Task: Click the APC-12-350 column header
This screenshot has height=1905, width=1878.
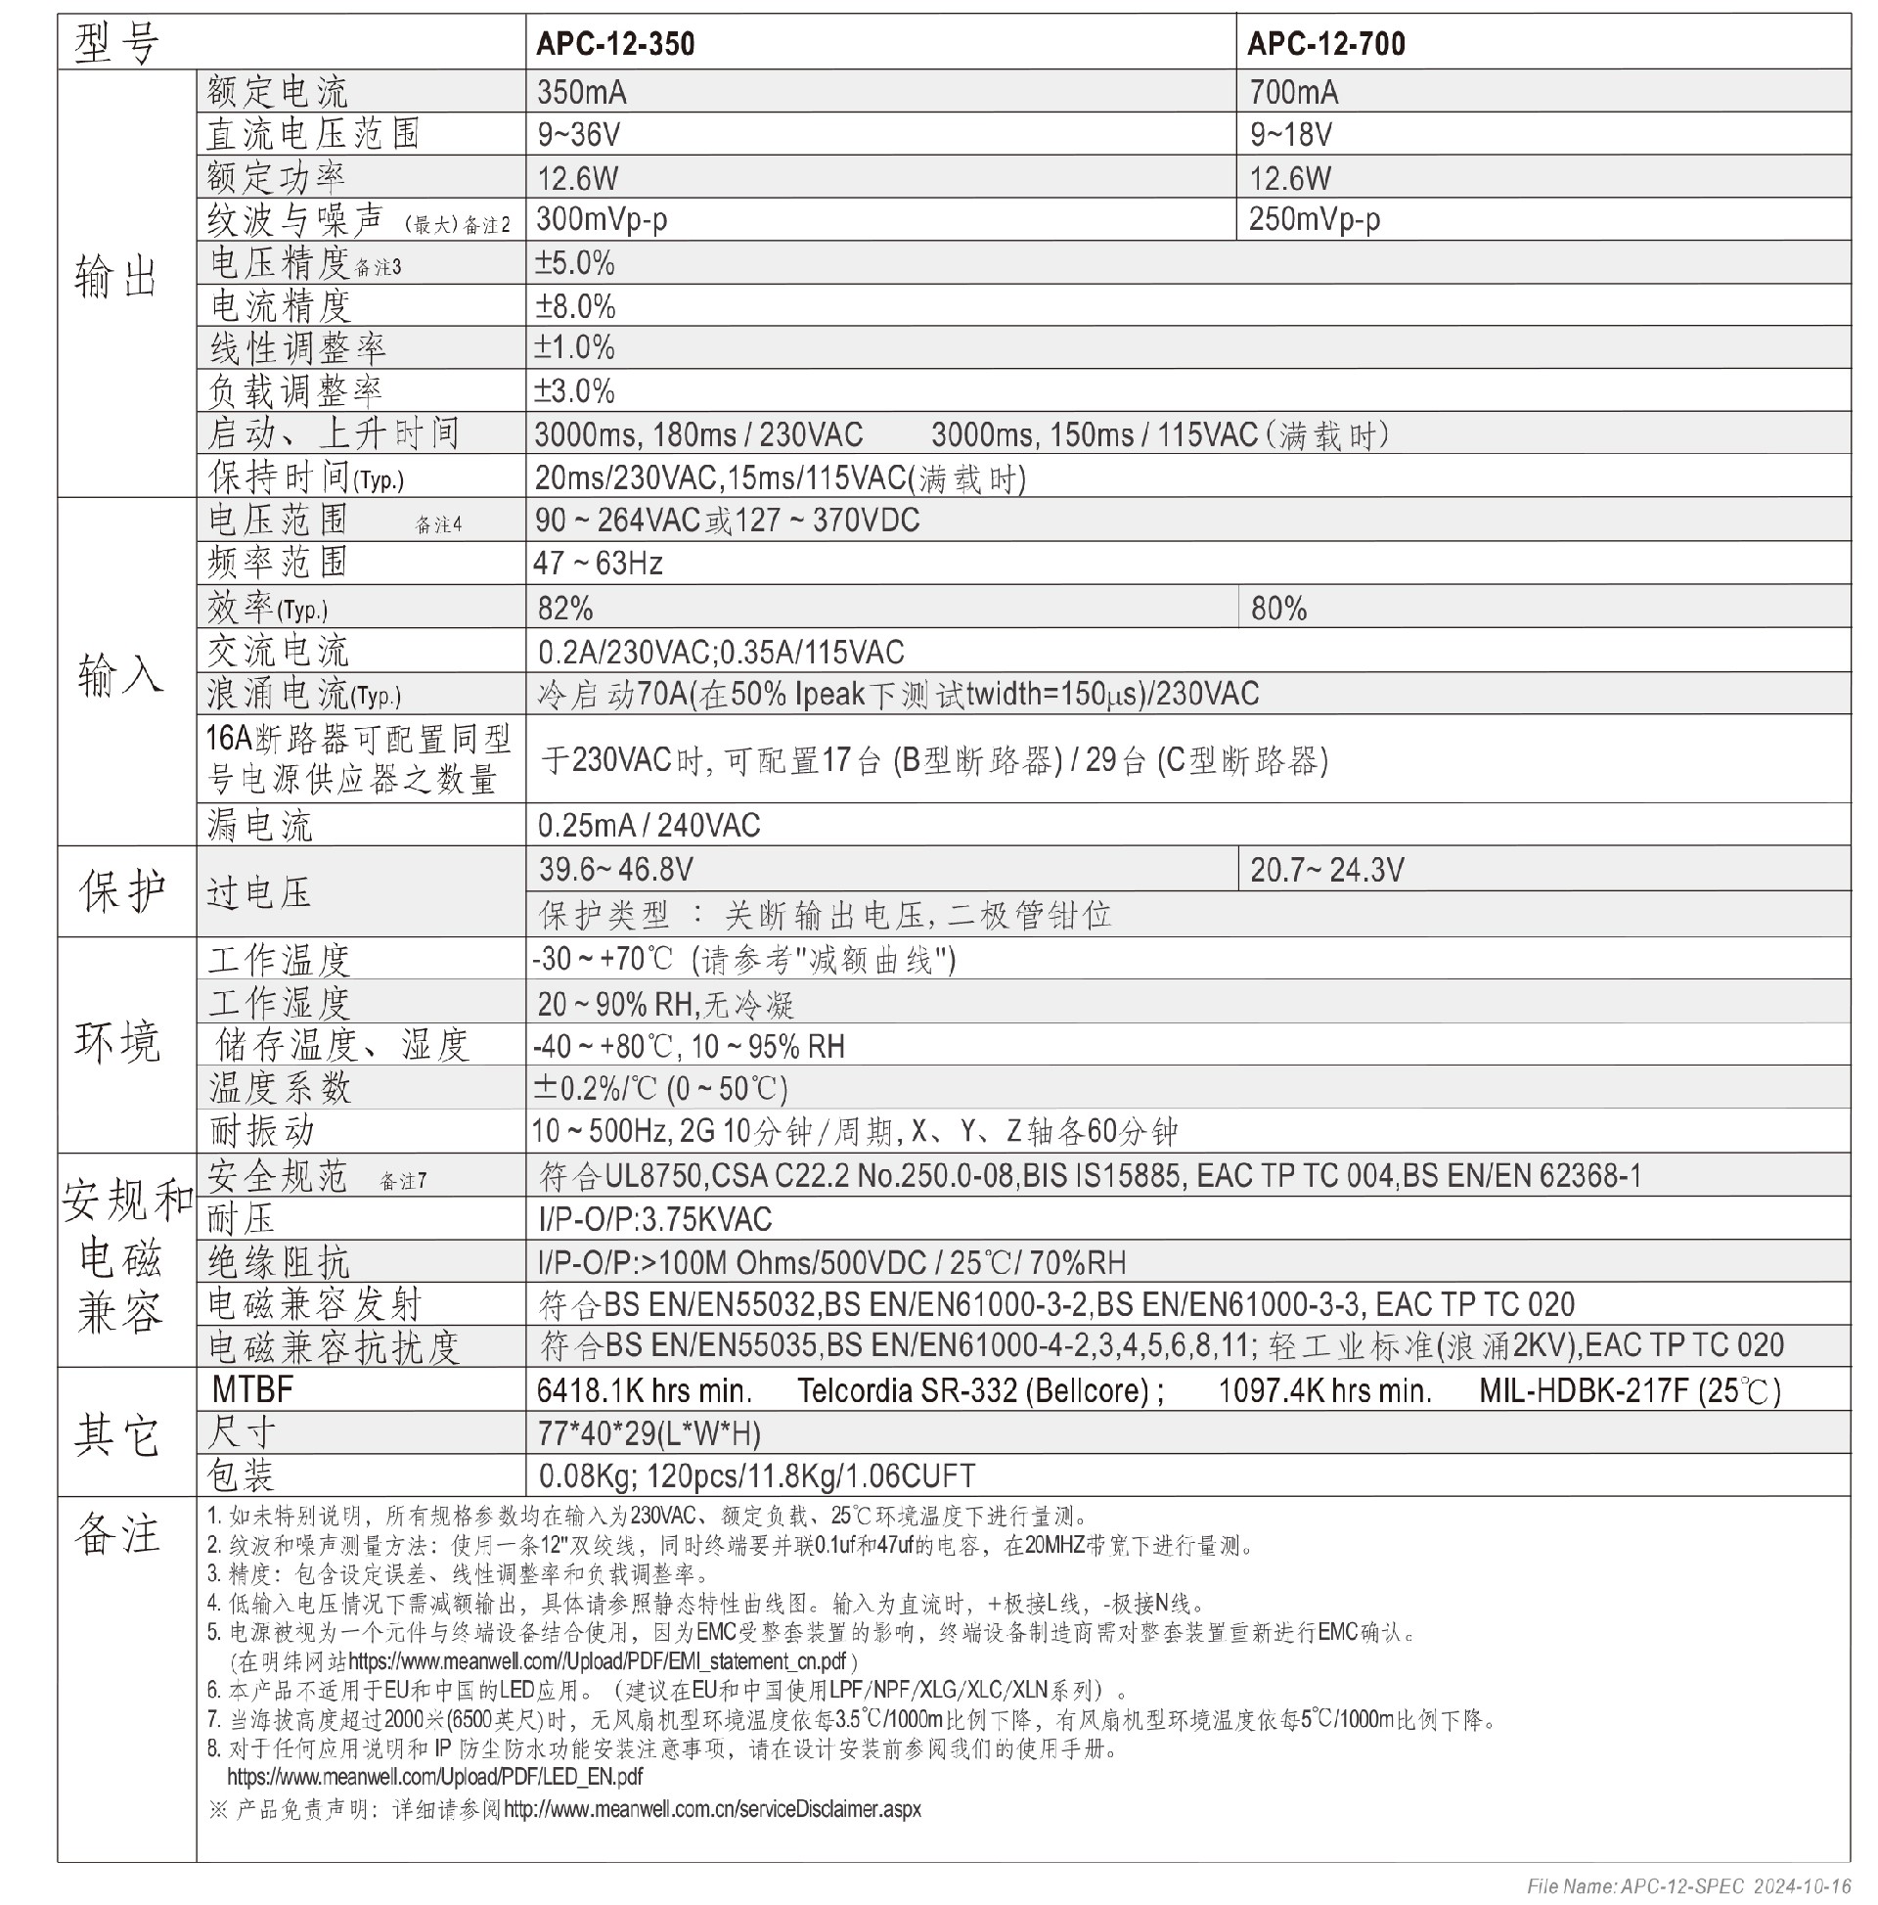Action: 615,43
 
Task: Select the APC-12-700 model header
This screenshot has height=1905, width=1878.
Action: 1326,43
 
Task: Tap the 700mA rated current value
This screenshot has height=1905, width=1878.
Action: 1293,93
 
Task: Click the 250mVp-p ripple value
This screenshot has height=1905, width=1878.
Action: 1314,219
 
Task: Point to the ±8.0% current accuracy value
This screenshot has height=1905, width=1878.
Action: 575,306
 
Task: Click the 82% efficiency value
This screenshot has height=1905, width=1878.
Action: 565,609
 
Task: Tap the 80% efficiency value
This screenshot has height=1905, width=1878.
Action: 1278,609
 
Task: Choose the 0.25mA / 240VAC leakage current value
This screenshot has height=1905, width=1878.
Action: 648,824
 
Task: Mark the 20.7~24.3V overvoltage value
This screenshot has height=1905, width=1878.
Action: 1327,870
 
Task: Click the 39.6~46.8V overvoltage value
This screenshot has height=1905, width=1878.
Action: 615,869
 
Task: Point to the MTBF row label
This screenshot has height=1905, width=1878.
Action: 252,1389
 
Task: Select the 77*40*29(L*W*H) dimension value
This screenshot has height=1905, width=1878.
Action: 648,1432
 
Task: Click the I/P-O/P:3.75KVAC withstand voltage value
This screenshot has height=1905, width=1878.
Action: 654,1220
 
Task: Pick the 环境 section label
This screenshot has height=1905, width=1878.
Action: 117,1042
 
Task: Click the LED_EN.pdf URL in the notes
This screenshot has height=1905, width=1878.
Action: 434,1776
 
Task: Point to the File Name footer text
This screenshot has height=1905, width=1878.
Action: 1687,1886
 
